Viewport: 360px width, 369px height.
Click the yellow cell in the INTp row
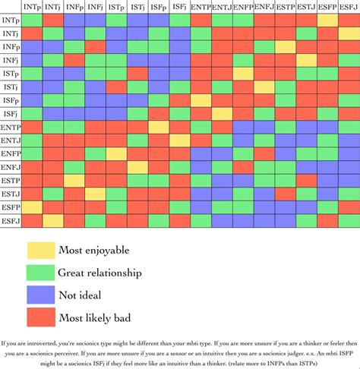327,20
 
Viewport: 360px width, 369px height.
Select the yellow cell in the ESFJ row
53,220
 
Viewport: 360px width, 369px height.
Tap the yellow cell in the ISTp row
243,74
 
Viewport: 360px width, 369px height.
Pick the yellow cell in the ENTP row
159,127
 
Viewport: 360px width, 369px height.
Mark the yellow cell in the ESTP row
74,180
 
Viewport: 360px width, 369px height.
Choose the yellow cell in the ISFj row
222,114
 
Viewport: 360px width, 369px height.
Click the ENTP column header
201,6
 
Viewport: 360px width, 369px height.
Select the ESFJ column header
349,6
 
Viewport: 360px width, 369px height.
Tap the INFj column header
96,6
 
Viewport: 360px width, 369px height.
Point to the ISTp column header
116,6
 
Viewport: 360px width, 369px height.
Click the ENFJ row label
11,167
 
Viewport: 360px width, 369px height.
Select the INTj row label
11,34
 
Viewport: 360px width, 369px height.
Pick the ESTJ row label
11,194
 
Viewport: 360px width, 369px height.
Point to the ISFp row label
11,100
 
